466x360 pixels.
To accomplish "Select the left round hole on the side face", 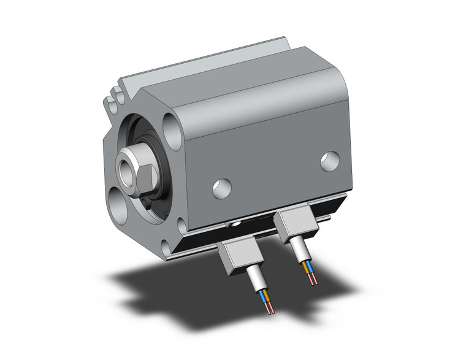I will (222, 188).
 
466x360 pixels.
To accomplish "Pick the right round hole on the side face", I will (330, 161).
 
